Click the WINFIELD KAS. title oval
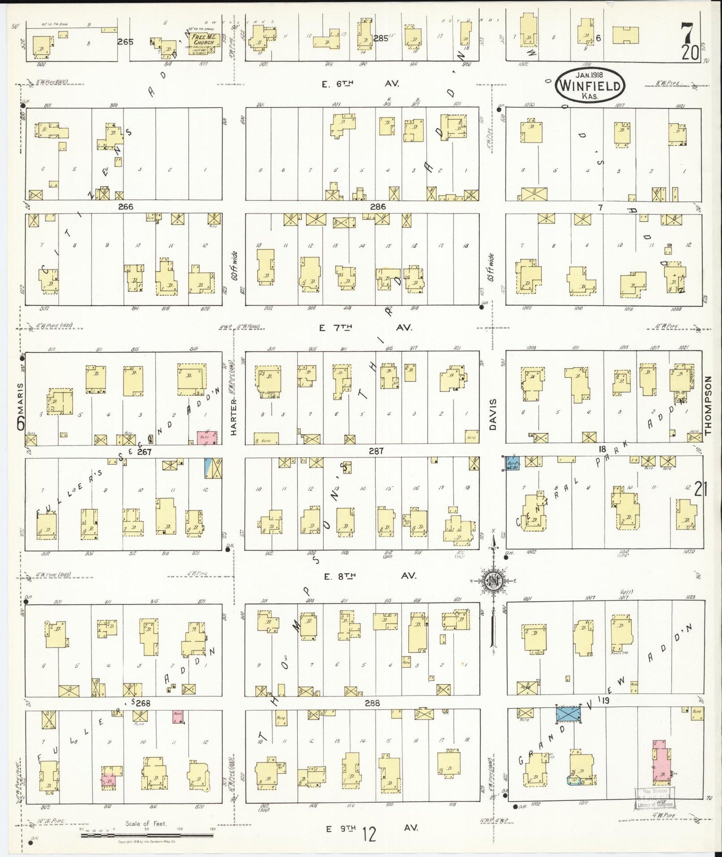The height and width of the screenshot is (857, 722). pos(590,86)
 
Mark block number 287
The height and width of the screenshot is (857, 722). pos(376,451)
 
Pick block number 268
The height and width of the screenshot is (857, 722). pos(142,702)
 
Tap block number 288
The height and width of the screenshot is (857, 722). pos(372,702)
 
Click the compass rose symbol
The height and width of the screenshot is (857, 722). pos(493,580)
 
